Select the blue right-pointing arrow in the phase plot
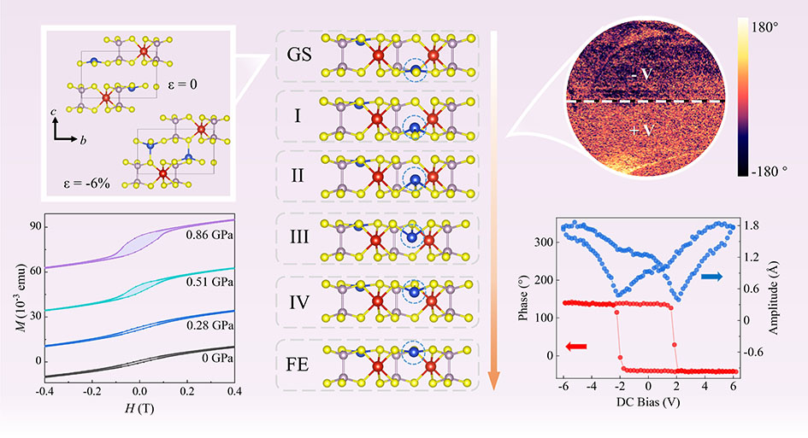tap(711, 277)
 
